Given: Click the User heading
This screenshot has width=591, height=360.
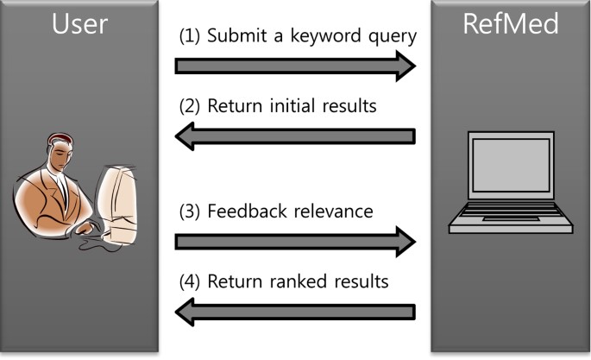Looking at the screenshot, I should pos(79,23).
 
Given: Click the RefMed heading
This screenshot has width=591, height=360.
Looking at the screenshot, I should pos(510,23).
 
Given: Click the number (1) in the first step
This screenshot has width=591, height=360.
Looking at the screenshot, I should pos(189,37).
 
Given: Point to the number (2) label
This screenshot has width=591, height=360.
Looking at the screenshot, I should pos(189,107).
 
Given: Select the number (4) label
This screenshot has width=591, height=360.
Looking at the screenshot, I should pos(189,282).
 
